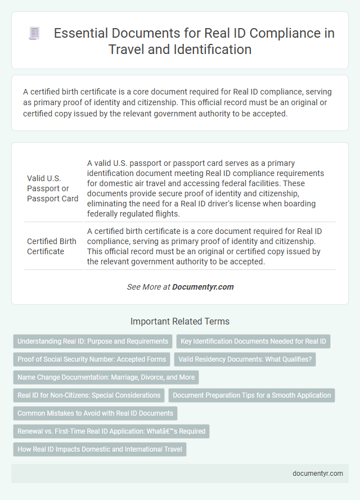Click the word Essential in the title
click(77, 33)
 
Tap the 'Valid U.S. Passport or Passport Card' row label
click(52, 188)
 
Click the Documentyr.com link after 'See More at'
click(202, 287)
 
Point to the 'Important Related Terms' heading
click(180, 322)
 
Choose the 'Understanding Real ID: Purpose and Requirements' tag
click(93, 341)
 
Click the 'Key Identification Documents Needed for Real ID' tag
click(254, 341)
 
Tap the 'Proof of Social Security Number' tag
click(92, 359)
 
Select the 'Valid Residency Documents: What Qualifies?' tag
click(245, 359)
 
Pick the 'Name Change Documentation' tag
click(106, 377)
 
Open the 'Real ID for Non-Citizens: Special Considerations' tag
click(88, 395)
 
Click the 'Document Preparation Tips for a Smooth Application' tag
click(251, 395)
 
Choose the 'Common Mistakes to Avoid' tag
click(94, 413)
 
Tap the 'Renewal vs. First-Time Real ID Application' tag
click(111, 431)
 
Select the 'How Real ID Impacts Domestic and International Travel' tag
click(99, 449)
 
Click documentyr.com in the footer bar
click(318, 473)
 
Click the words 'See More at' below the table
click(148, 287)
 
